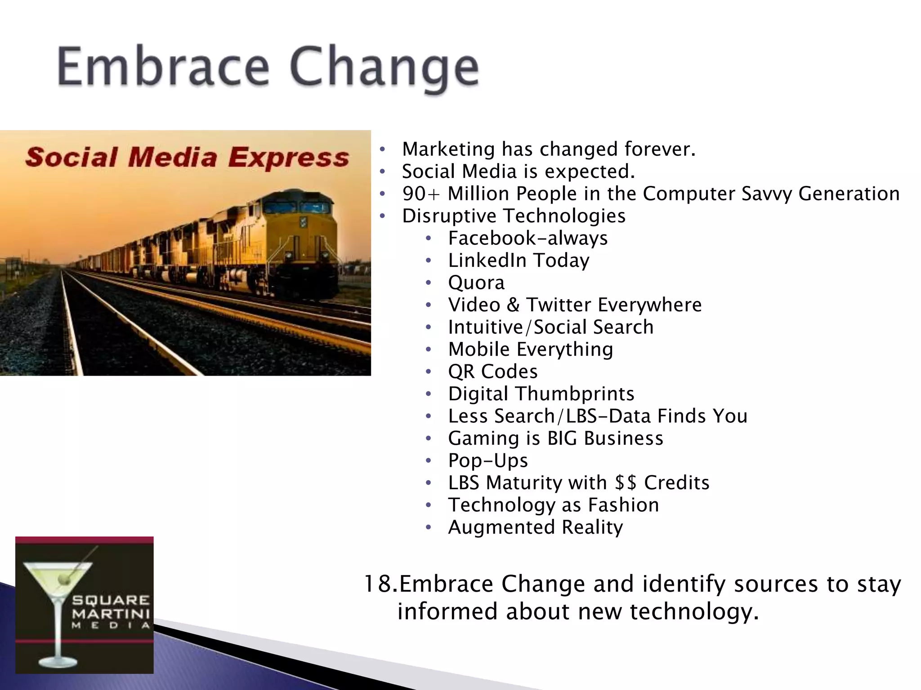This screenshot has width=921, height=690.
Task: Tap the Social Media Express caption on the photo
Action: tap(187, 158)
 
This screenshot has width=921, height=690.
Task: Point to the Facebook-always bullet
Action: tap(528, 239)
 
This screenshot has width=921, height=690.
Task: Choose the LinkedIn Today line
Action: tap(519, 261)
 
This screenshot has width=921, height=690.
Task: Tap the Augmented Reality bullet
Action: tap(535, 527)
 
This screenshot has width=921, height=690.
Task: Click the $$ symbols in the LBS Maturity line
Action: tap(626, 483)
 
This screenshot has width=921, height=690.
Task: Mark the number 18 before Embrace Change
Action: tap(378, 584)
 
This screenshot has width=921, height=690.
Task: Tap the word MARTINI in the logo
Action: tap(111, 613)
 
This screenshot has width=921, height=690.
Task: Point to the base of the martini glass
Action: tap(58, 662)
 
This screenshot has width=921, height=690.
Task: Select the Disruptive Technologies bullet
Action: tap(514, 216)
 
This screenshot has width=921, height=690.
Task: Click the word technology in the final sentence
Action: tap(694, 612)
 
